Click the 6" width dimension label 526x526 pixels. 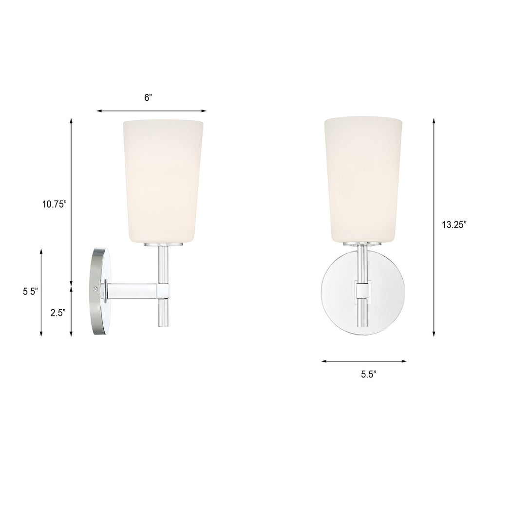click(149, 98)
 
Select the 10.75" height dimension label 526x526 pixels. click(53, 204)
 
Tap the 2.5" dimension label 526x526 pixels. click(57, 314)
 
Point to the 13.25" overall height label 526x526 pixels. click(454, 225)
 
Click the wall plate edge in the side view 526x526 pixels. click(98, 291)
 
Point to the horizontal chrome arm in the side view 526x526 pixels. click(131, 291)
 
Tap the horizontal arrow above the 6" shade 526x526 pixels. click(151, 111)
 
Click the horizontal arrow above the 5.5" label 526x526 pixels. click(364, 361)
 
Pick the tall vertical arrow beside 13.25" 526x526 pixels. click(433, 227)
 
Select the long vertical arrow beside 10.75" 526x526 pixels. click(71, 202)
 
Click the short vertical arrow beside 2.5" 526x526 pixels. click(71, 311)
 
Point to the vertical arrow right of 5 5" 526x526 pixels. click(41, 292)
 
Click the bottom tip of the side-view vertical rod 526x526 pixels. click(162, 325)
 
